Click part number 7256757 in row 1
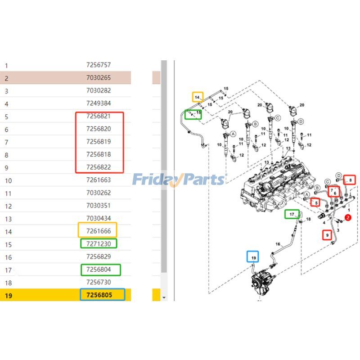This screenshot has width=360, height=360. [x=98, y=65]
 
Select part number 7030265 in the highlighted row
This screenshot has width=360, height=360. [x=98, y=78]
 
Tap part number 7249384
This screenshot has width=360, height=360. [x=98, y=103]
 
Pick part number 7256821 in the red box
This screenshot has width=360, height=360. [x=98, y=116]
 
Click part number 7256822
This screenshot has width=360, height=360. [x=98, y=167]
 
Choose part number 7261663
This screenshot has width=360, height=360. [x=98, y=180]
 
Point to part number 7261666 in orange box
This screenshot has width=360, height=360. [x=98, y=231]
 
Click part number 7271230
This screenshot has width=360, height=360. [x=98, y=243]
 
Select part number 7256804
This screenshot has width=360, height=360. [x=101, y=270]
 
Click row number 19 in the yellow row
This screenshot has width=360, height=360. [x=8, y=296]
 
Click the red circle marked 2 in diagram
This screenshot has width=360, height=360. [x=347, y=218]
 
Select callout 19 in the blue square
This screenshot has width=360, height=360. [x=253, y=257]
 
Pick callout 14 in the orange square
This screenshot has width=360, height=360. [x=197, y=97]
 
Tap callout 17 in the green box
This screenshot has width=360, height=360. [x=292, y=214]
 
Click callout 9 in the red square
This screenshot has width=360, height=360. [x=328, y=234]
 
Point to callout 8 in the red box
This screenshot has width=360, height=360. [x=349, y=180]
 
